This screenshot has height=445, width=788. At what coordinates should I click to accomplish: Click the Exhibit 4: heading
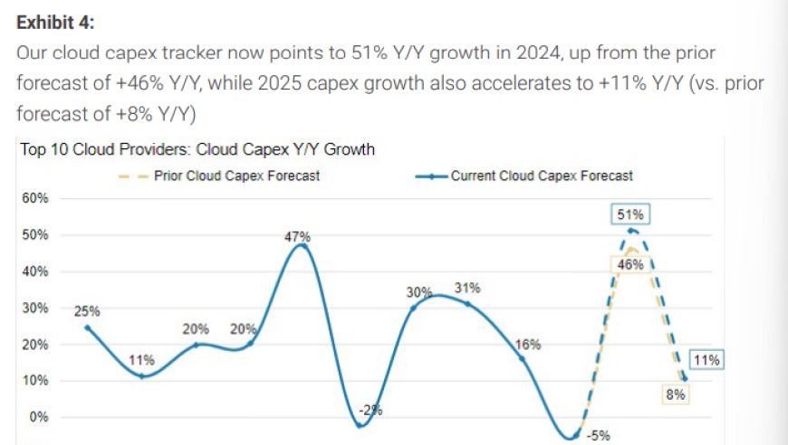click(x=55, y=23)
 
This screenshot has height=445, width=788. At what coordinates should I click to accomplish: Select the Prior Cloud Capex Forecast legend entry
click(x=219, y=176)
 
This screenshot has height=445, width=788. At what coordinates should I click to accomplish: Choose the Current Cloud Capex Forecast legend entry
click(x=524, y=176)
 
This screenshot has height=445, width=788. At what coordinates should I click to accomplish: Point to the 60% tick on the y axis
click(x=35, y=198)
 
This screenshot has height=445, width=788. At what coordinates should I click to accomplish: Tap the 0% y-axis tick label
click(x=39, y=417)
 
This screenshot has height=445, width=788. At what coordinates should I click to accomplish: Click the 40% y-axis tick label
click(x=35, y=271)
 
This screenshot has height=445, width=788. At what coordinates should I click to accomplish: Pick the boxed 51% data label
click(x=630, y=214)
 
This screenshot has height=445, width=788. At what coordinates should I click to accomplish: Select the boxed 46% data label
click(x=630, y=264)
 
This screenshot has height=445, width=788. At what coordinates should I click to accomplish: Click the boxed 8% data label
click(x=676, y=394)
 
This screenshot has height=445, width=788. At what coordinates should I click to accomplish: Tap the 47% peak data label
click(x=297, y=236)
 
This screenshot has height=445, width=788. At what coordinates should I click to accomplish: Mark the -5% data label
click(x=598, y=435)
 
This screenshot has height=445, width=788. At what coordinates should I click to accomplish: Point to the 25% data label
click(x=87, y=311)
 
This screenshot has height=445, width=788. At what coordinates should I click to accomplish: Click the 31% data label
click(x=467, y=288)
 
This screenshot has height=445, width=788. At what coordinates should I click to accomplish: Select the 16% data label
click(x=528, y=345)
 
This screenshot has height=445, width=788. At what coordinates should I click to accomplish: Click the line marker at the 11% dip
click(x=141, y=375)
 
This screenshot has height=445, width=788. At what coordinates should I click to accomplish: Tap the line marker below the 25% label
click(x=88, y=328)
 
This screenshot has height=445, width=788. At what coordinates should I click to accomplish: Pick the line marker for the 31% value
click(x=468, y=304)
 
